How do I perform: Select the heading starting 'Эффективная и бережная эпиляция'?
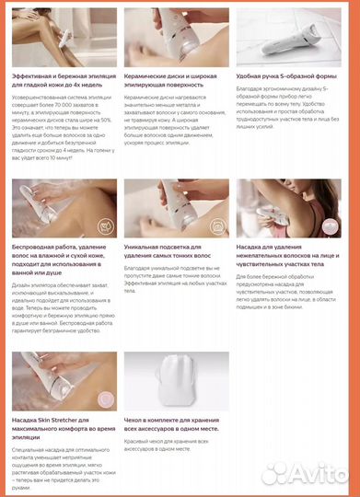pyautogui.click(x=60, y=79)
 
